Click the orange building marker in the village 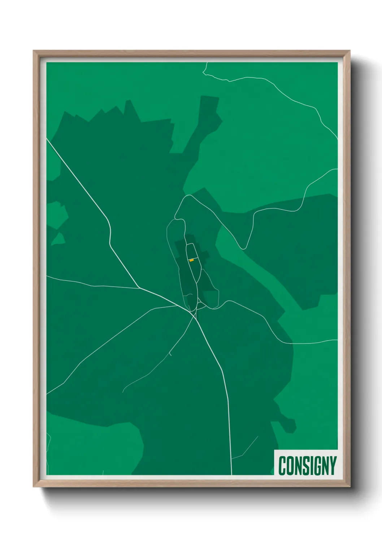[192, 260]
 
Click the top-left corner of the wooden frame [34, 51]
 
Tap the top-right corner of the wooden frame [350, 51]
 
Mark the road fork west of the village [139, 288]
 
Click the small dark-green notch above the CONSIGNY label [288, 426]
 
